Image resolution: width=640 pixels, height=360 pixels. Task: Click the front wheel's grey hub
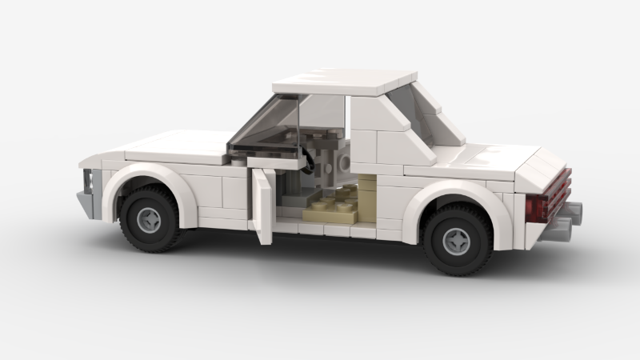pyautogui.click(x=149, y=218)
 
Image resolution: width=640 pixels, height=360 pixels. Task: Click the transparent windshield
pyautogui.click(x=264, y=128)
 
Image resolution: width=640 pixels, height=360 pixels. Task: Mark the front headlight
pyautogui.click(x=90, y=181)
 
